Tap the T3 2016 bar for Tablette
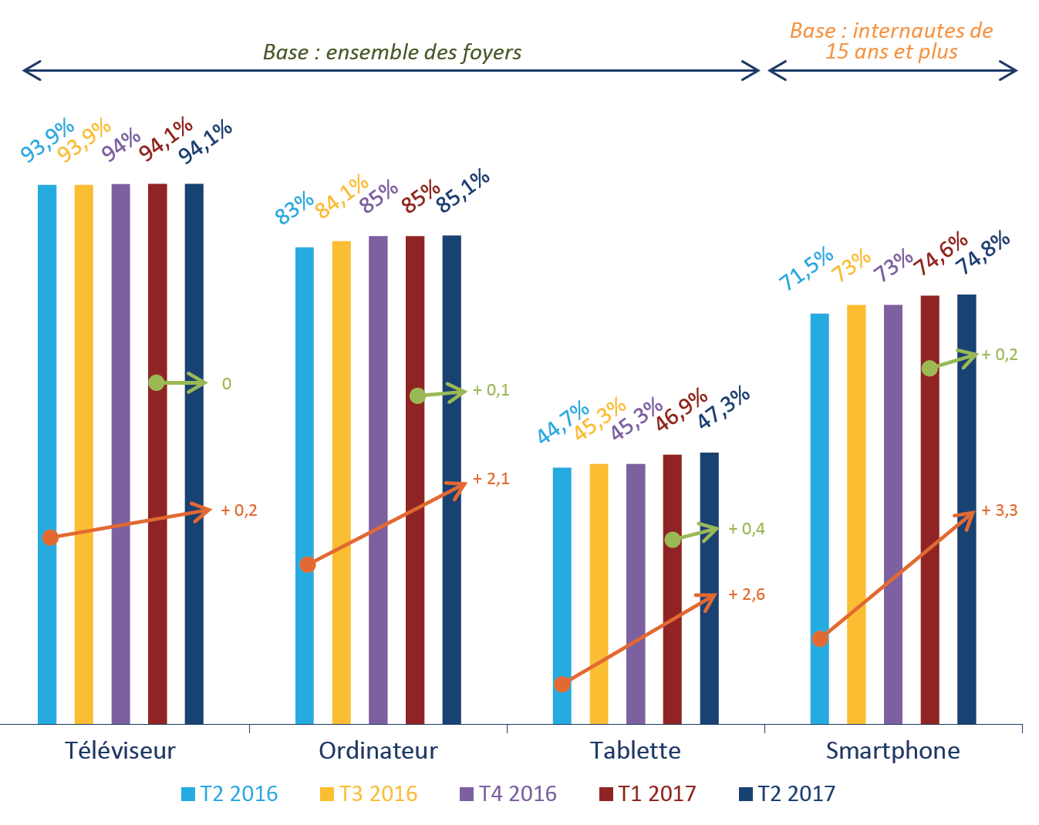point(599,594)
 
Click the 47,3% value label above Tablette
point(724,407)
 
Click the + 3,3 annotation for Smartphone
point(1000,510)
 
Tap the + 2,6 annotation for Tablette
point(747,594)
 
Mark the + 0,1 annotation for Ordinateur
point(491,390)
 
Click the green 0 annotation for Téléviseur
point(226,384)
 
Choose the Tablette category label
point(635,750)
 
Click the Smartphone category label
point(892,750)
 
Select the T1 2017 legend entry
point(647,794)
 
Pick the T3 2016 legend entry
point(368,794)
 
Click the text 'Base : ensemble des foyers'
point(392,52)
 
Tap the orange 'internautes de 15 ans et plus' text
point(891,42)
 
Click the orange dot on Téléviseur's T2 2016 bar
point(50,537)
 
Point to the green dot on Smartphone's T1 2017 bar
point(929,369)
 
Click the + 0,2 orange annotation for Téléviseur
point(239,510)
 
